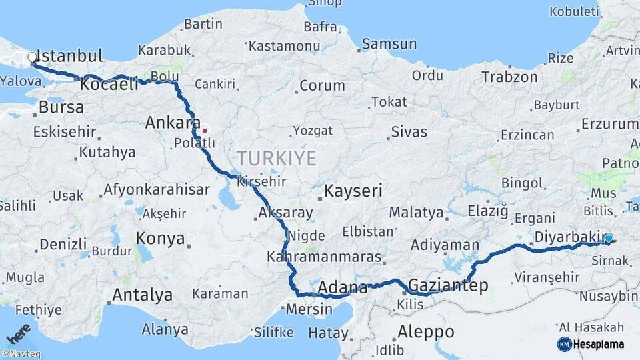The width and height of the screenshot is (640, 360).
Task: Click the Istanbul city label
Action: pyautogui.click(x=69, y=55)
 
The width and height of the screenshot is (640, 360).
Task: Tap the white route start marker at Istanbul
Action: pyautogui.click(x=32, y=58)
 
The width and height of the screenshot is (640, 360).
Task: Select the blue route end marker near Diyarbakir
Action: pyautogui.click(x=608, y=238)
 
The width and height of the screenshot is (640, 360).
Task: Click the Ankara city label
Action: pyautogui.click(x=172, y=123)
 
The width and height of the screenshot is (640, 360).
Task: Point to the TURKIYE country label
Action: pyautogui.click(x=276, y=158)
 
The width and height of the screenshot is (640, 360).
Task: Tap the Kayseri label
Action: pyautogui.click(x=353, y=191)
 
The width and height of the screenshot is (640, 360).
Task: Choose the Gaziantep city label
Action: pyautogui.click(x=447, y=286)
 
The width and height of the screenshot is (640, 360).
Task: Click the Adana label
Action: pyautogui.click(x=343, y=289)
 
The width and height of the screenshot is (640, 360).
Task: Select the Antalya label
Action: pyautogui.click(x=142, y=295)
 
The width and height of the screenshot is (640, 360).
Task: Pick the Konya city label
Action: pyautogui.click(x=160, y=238)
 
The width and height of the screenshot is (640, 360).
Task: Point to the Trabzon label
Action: pyautogui.click(x=510, y=77)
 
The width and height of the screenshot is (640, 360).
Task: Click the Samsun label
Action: pyautogui.click(x=390, y=44)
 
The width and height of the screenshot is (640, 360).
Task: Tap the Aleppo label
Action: pyautogui.click(x=425, y=331)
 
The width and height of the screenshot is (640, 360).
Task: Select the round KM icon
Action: pyautogui.click(x=564, y=344)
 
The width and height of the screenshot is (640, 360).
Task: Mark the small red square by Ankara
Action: pyautogui.click(x=205, y=131)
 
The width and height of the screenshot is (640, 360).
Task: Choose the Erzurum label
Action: pyautogui.click(x=609, y=124)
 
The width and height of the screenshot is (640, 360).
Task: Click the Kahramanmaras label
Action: pyautogui.click(x=324, y=257)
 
